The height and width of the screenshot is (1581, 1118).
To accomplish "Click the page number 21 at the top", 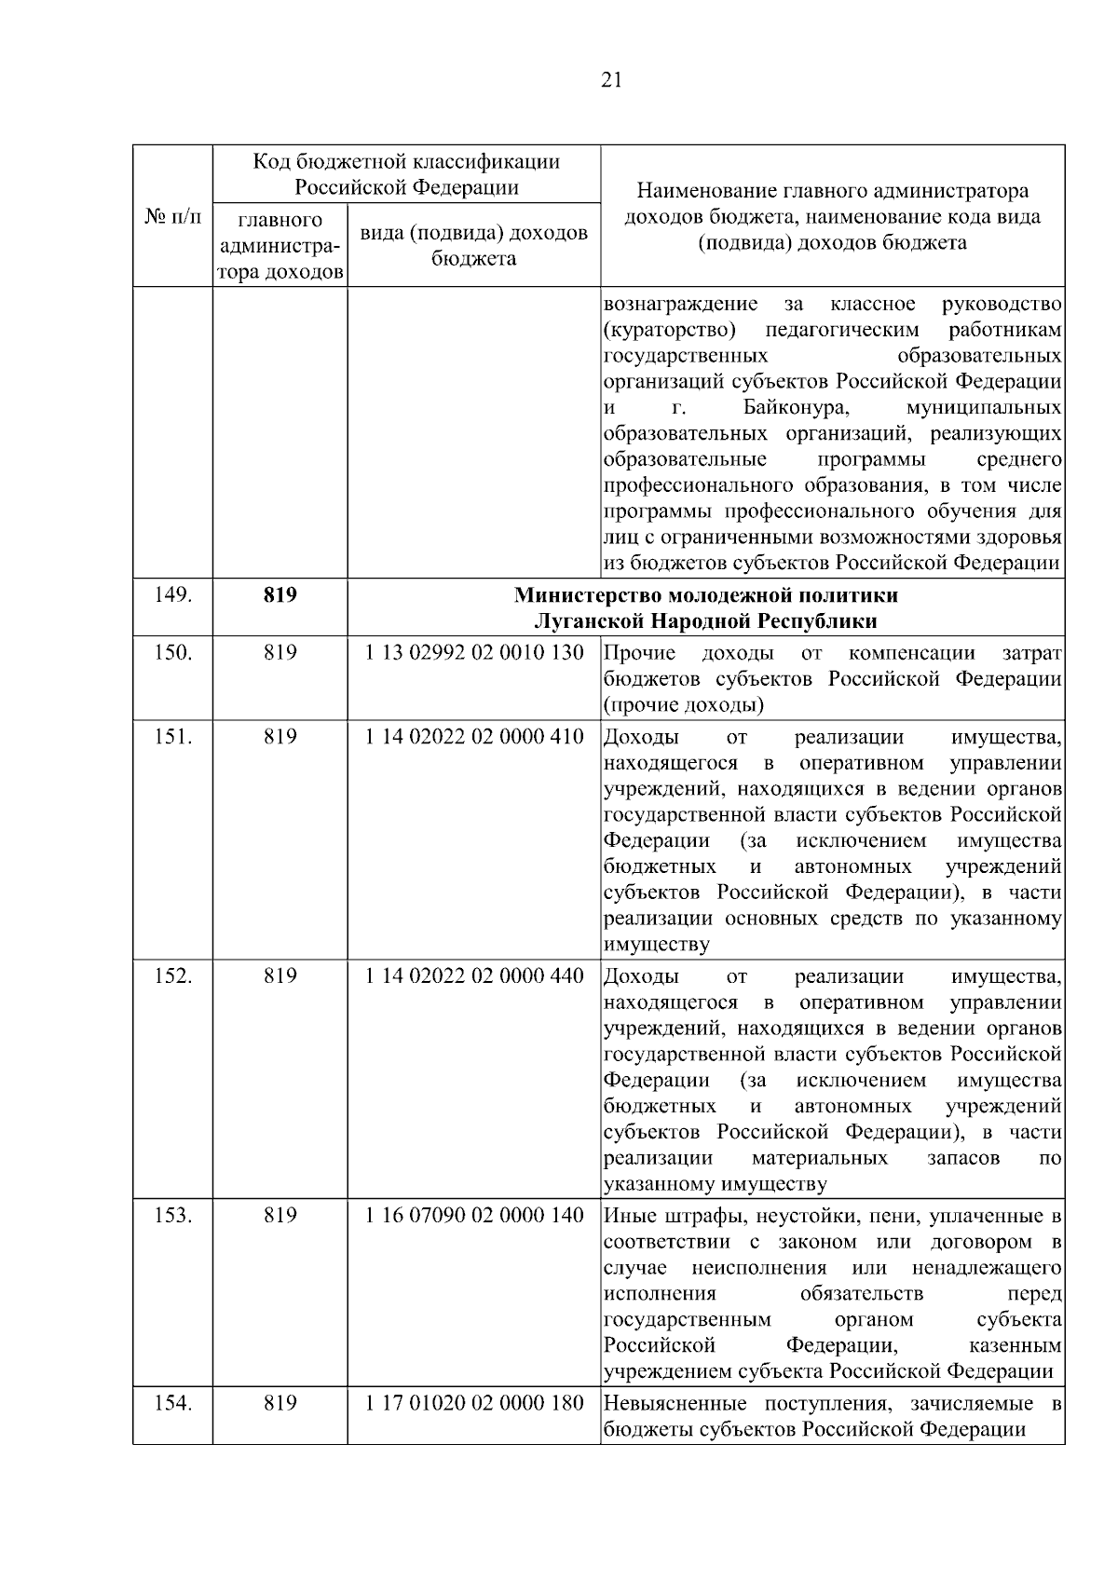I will (610, 79).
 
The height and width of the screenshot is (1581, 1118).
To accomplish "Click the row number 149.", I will (173, 594).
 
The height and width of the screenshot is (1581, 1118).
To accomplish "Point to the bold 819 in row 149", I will (279, 594).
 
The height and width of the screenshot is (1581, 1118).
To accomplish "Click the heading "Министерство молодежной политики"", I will (706, 594).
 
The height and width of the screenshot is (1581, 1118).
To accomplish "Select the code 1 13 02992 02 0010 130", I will (474, 652).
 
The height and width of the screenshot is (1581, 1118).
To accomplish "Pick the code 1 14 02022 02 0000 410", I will (474, 737).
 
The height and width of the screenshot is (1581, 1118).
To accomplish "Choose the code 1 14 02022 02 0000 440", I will (474, 976).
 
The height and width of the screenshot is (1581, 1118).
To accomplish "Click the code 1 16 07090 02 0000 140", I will (474, 1216).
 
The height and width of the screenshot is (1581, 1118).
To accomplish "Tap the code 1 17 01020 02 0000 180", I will (474, 1403).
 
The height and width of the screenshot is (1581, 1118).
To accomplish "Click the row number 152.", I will (173, 976).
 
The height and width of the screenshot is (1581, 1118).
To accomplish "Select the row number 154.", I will (173, 1403).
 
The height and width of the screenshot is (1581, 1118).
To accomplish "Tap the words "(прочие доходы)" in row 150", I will (684, 704).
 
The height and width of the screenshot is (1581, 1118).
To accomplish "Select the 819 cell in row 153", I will (279, 1216).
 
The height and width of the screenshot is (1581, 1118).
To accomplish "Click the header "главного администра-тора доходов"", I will (279, 247).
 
